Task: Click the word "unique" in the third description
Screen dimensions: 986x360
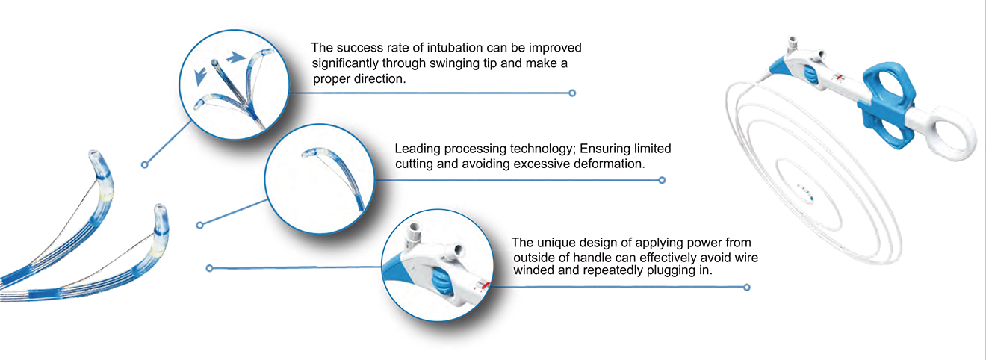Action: point(556,243)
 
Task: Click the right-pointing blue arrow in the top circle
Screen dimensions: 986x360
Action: point(236,58)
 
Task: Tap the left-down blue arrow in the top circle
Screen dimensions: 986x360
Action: point(200,76)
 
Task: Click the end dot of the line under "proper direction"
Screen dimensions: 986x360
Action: point(572,93)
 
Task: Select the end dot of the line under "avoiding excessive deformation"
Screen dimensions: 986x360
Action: point(662,180)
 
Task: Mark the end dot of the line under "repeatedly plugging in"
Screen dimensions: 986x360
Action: point(746,288)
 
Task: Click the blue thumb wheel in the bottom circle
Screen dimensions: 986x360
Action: point(441,282)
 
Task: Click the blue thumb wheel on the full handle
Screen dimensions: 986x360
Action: point(810,75)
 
